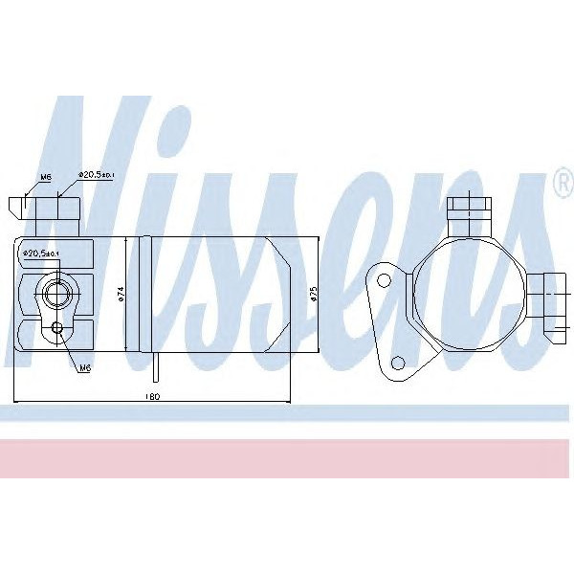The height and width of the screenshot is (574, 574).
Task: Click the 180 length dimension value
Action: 153,395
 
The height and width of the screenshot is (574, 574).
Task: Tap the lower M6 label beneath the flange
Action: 84,367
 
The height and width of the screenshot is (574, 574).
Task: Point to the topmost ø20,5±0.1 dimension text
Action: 98,175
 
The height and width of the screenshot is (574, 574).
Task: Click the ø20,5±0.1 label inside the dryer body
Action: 40,254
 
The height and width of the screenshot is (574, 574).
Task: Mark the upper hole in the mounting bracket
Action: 384,280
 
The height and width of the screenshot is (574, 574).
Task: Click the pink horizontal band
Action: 287,458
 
